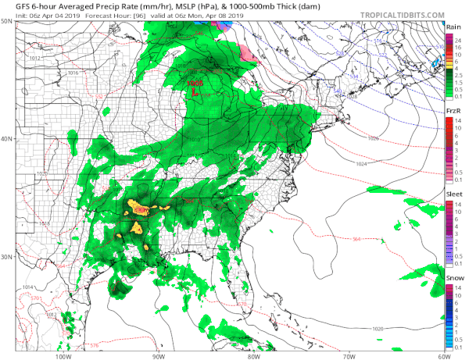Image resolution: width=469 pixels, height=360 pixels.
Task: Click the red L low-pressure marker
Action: (x=196, y=90)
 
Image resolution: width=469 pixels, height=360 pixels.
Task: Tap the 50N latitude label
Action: (x=7, y=22)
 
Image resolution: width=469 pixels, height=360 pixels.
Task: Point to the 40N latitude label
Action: (x=7, y=139)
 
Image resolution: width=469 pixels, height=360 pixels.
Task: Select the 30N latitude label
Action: (x=7, y=257)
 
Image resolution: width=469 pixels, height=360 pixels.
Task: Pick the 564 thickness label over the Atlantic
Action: (x=356, y=238)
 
